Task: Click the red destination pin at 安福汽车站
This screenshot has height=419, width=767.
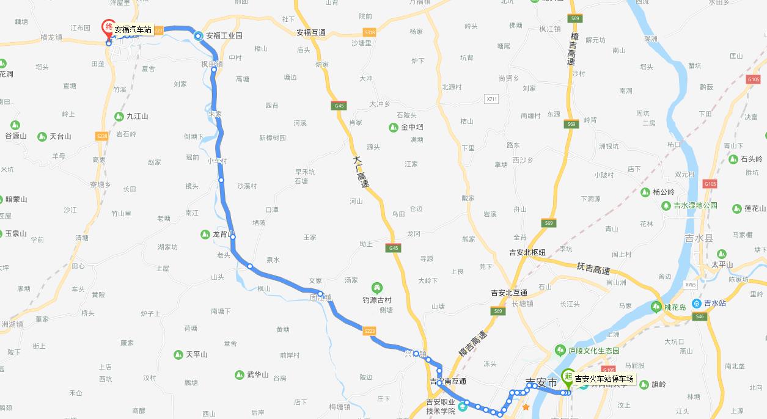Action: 108,27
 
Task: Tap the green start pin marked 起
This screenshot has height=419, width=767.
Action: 568,377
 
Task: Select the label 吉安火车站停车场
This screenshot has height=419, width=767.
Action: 604,379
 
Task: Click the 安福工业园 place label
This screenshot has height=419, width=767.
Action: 224,36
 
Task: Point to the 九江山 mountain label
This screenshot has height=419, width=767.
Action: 138,116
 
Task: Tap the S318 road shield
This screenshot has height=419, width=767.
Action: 369,32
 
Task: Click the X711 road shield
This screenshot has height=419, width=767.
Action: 492,98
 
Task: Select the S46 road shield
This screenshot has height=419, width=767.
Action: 700,316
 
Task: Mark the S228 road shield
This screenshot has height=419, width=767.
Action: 102,136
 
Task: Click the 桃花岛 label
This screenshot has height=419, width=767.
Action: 677,307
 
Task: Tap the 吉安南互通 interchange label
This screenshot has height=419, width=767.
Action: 448,382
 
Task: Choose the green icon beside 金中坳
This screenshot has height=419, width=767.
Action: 394,128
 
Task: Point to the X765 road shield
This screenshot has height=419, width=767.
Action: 691,285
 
